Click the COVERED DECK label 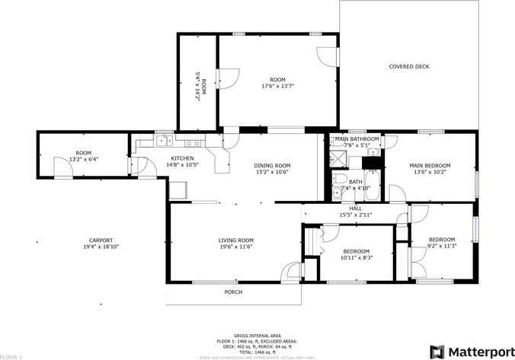(x=409, y=66)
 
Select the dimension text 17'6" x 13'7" (x=277, y=86)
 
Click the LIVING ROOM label (x=236, y=240)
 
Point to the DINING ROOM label (x=272, y=165)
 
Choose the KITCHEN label (x=182, y=158)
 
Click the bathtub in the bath (x=372, y=187)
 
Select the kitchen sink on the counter (x=162, y=140)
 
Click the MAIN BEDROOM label (x=430, y=165)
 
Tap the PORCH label (x=232, y=292)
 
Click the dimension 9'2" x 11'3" (x=440, y=246)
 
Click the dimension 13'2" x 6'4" (x=84, y=159)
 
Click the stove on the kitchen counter (x=195, y=141)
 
